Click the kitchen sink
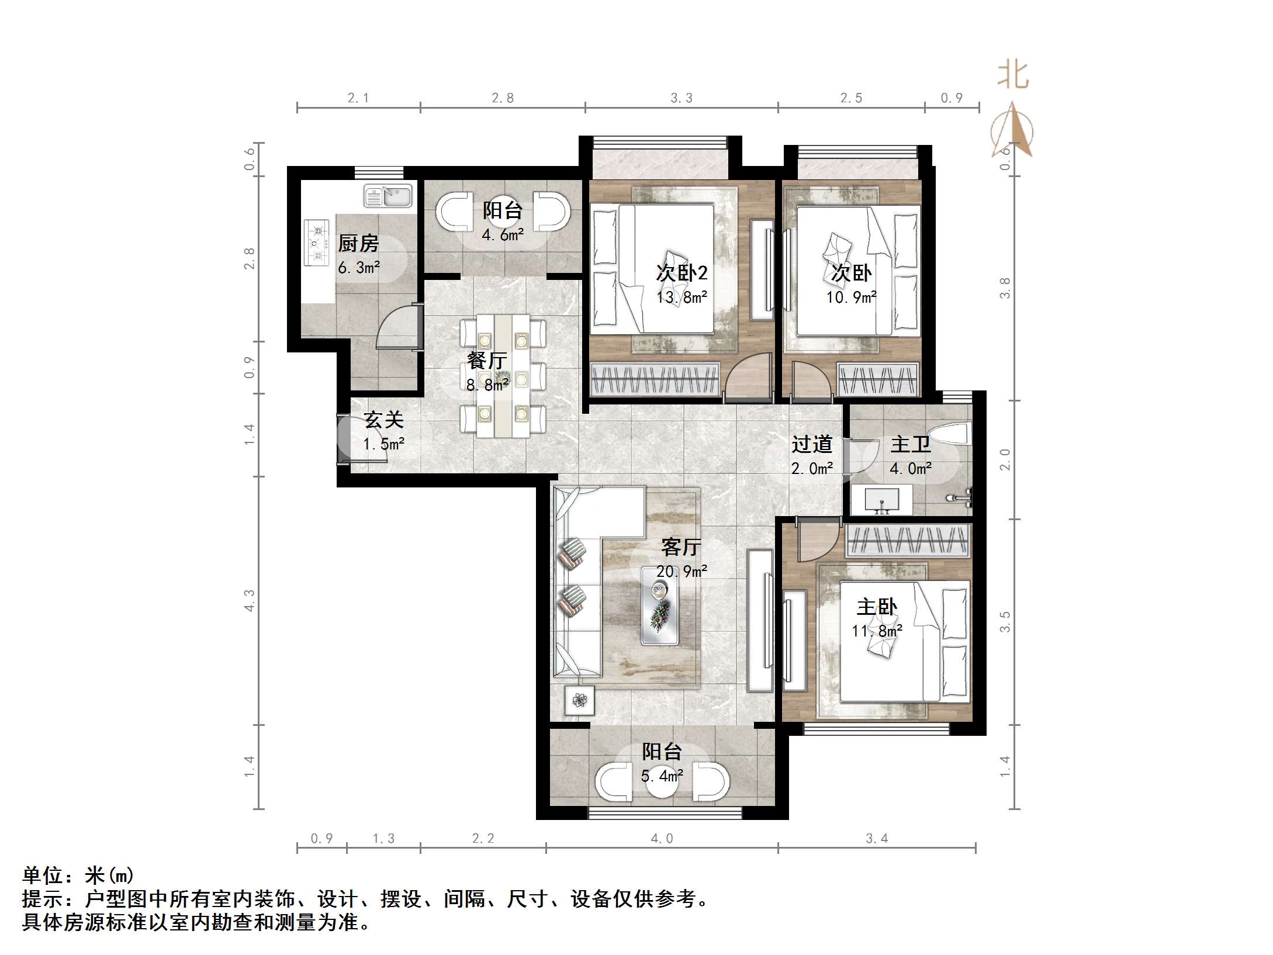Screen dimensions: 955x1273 point(388,196)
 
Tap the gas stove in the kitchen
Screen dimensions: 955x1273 point(316,243)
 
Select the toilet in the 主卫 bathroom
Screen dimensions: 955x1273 point(950,436)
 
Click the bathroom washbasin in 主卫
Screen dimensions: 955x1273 point(881,500)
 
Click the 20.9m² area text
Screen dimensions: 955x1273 point(682,571)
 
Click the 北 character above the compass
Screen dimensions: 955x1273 point(1013,76)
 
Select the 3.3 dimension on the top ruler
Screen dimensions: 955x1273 point(682,98)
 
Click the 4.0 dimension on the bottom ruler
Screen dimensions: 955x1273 point(662,839)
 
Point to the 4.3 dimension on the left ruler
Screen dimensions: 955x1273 point(250,601)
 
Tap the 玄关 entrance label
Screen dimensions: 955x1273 point(383,420)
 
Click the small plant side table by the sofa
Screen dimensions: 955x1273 point(579,700)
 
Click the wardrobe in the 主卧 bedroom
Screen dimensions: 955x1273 point(908,541)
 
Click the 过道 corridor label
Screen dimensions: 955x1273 point(812,445)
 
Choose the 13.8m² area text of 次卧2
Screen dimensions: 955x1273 point(682,297)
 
